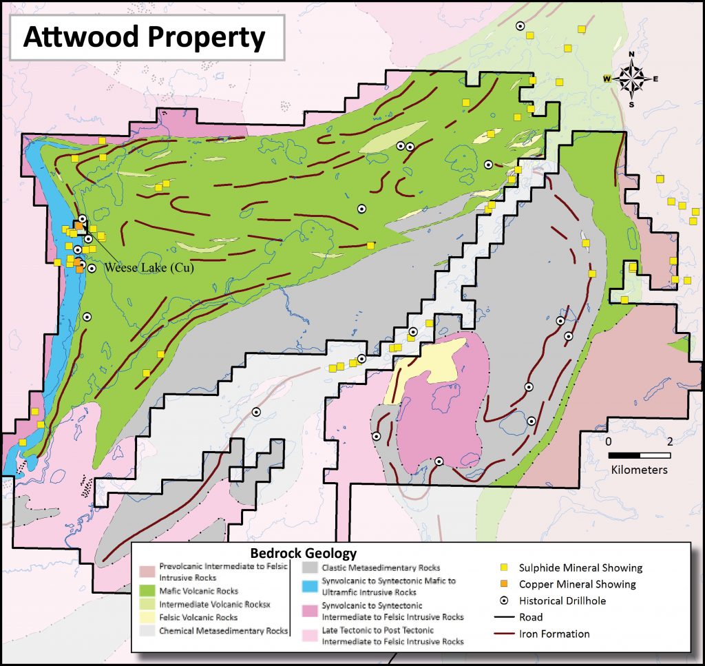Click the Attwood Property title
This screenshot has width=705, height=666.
pos(144,38)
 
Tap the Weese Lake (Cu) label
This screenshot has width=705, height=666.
pos(148,269)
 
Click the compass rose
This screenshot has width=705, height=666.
pos(631,79)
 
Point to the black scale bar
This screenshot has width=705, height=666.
pos(640,456)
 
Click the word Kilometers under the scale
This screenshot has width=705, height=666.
pos(639,470)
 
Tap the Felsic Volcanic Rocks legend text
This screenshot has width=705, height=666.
pos(198,618)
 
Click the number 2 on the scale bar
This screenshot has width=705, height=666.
pos(669,441)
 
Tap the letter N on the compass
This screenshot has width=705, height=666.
pos(631,55)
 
